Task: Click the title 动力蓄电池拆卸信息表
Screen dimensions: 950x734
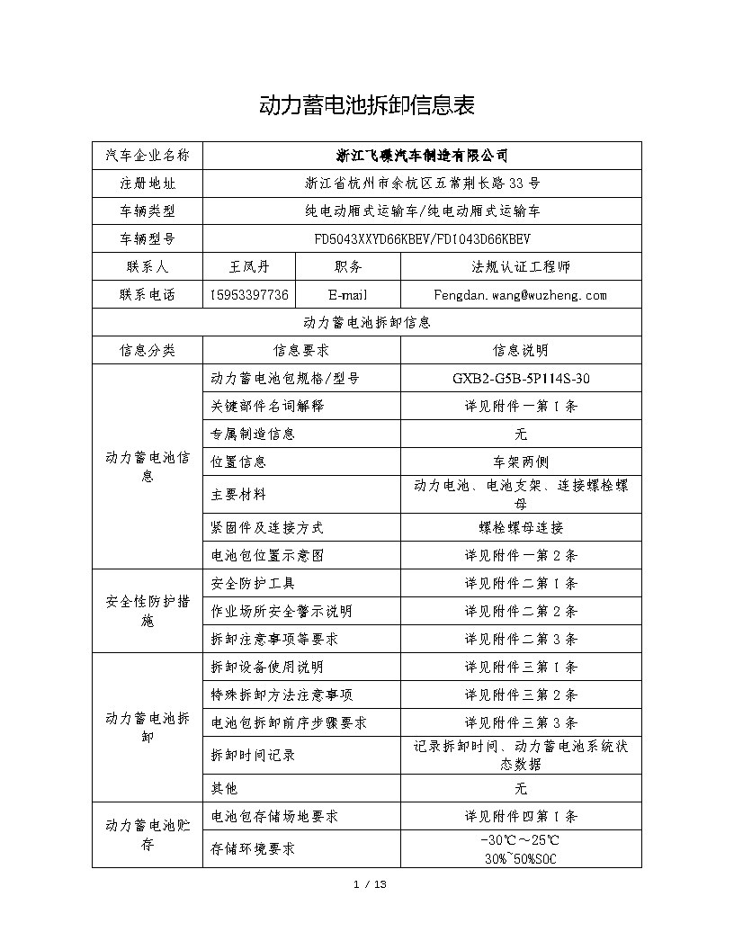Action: coord(367,105)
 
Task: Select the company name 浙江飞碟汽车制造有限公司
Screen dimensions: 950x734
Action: coord(422,156)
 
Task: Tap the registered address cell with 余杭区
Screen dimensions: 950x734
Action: coord(422,184)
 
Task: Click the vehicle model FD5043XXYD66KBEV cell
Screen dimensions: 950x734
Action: coord(422,239)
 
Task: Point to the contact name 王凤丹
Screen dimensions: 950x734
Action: coord(249,267)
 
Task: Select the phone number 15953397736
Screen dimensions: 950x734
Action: coord(249,295)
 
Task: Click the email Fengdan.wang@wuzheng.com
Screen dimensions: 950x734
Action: coord(520,295)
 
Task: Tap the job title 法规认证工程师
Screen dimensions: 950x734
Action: coord(520,267)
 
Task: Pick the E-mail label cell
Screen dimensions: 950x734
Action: coord(348,295)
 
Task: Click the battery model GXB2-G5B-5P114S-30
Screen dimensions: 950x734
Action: coord(521,378)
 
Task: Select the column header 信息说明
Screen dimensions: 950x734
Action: coord(521,350)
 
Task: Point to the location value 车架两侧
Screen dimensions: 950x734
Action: coord(521,462)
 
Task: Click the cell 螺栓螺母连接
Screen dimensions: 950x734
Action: coord(521,527)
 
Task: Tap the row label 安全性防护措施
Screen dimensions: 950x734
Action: coord(148,611)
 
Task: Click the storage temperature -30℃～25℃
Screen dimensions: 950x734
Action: coord(521,839)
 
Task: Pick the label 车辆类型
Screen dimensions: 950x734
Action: coord(148,211)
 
